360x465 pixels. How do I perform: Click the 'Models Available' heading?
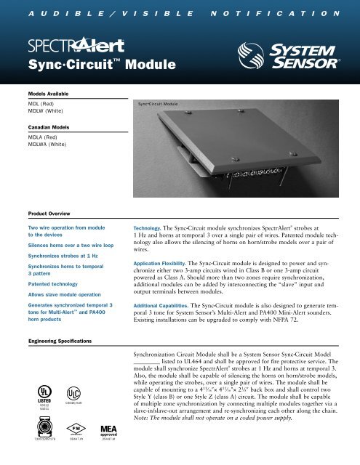36,94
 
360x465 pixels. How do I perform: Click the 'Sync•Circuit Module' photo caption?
158,106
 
